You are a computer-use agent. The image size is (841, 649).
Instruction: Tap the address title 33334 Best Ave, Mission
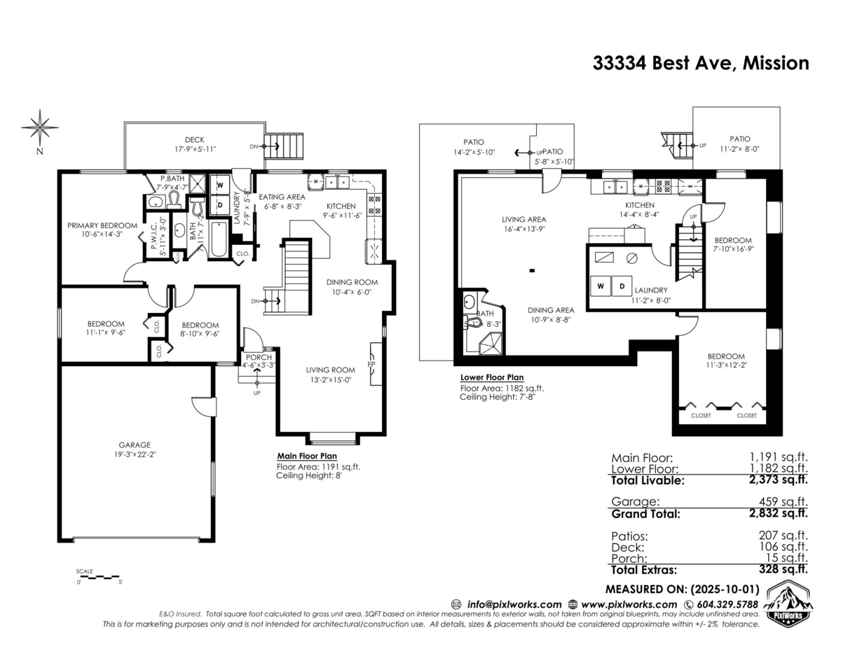(700, 63)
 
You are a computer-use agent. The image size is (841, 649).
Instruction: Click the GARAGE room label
(134, 445)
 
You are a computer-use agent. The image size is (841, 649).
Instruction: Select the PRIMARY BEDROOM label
(102, 225)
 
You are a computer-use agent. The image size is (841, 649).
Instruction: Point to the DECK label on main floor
(194, 139)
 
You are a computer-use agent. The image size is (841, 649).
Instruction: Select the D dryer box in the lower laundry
(621, 286)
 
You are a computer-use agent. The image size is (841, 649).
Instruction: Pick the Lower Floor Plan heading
(491, 377)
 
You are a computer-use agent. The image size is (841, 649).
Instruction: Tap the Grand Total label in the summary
(645, 514)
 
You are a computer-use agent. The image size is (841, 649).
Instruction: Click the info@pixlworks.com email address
(514, 604)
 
